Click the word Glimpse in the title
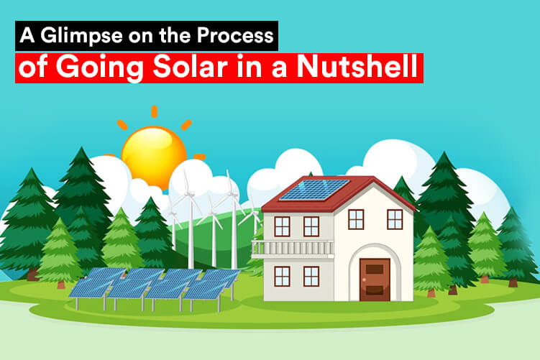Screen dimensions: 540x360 (x=81, y=36)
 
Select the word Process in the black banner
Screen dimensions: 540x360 (x=235, y=35)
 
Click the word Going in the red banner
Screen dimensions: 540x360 (x=99, y=68)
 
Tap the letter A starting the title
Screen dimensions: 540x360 (x=27, y=35)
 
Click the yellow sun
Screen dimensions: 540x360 (x=154, y=157)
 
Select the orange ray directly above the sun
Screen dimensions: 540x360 (x=155, y=112)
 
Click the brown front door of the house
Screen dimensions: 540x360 (x=375, y=280)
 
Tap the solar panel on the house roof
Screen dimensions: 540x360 (x=314, y=190)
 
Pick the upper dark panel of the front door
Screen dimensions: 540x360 (x=375, y=269)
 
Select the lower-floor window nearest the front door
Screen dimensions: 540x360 (x=311, y=277)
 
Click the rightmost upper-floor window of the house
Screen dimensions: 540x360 (x=395, y=219)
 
